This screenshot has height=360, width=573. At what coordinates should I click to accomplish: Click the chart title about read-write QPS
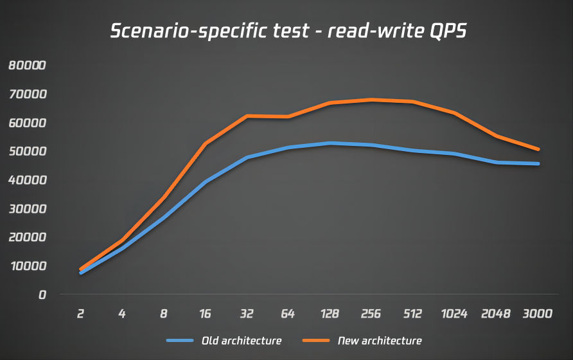pyautogui.click(x=287, y=32)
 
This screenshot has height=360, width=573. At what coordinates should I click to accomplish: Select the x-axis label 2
pyautogui.click(x=81, y=314)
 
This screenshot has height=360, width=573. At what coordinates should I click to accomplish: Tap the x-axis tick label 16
pyautogui.click(x=206, y=314)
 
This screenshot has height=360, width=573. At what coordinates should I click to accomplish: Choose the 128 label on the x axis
pyautogui.click(x=330, y=314)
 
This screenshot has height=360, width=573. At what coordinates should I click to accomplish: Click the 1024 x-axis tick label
pyautogui.click(x=454, y=314)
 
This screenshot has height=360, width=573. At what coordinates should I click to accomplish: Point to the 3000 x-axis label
pyautogui.click(x=538, y=314)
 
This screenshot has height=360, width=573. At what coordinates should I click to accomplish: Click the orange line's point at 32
pyautogui.click(x=247, y=116)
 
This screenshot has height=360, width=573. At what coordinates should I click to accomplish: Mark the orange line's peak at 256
pyautogui.click(x=371, y=100)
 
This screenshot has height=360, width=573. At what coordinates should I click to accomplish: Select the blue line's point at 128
pyautogui.click(x=330, y=143)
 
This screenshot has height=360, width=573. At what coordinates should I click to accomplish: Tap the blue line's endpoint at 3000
pyautogui.click(x=538, y=163)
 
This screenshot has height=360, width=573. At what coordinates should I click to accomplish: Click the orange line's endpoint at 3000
pyautogui.click(x=538, y=149)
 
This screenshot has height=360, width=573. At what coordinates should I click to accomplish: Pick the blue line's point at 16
pyautogui.click(x=206, y=182)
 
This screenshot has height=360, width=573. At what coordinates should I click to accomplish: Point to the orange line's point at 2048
pyautogui.click(x=496, y=136)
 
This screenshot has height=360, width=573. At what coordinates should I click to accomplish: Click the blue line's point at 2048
pyautogui.click(x=496, y=162)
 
